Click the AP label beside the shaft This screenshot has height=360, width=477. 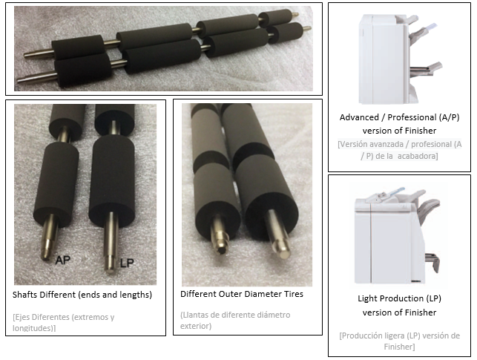[x=63, y=260]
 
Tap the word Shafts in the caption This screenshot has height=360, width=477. [x=27, y=295]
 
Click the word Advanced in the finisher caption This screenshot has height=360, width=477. [x=358, y=117]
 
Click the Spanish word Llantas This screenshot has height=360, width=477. [x=194, y=315]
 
